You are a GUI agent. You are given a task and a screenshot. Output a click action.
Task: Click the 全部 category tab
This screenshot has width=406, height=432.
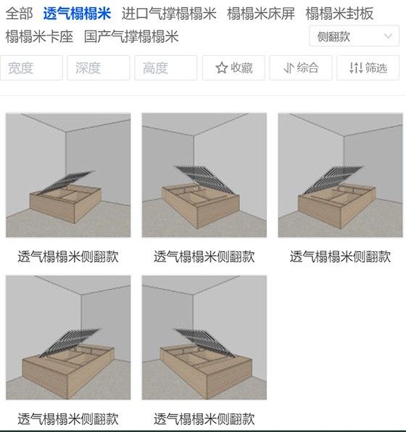point(20,13)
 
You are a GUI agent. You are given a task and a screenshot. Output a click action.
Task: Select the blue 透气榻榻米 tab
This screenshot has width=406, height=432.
point(77,13)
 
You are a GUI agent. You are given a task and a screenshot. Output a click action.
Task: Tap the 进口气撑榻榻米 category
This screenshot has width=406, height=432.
point(169,13)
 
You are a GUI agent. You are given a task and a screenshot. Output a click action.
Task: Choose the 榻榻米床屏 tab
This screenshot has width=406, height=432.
point(261,13)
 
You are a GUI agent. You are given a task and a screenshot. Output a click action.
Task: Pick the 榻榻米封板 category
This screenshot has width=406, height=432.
point(339,13)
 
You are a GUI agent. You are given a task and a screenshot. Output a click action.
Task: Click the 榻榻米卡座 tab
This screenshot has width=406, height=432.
point(39,36)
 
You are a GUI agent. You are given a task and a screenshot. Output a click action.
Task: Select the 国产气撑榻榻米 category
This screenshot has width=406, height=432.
point(131,36)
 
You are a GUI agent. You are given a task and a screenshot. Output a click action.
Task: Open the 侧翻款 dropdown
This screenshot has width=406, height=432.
point(354,36)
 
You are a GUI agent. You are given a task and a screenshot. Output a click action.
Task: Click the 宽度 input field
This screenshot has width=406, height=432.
point(31,68)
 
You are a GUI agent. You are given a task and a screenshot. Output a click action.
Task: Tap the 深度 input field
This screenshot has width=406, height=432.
point(99,68)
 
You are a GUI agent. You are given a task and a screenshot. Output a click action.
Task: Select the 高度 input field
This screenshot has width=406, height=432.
point(165,68)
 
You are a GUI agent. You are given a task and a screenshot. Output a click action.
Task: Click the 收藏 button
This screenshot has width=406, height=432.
point(233,68)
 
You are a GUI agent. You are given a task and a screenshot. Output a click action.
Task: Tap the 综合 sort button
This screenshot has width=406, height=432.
point(301,68)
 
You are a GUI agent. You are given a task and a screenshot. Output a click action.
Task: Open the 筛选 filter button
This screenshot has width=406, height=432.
point(368,68)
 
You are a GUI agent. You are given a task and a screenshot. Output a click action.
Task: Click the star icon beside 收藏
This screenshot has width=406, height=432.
point(222,68)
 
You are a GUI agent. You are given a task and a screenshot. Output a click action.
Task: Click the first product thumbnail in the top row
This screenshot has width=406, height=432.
point(68,175)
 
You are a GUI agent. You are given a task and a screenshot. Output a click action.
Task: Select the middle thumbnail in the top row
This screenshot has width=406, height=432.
point(204,175)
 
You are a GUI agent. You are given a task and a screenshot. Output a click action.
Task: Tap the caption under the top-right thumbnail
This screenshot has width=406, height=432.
point(340,256)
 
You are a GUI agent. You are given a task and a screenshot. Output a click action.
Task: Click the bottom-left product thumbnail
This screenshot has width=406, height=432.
point(68,338)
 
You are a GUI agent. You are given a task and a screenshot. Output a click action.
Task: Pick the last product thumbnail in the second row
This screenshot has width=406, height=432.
point(204,338)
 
